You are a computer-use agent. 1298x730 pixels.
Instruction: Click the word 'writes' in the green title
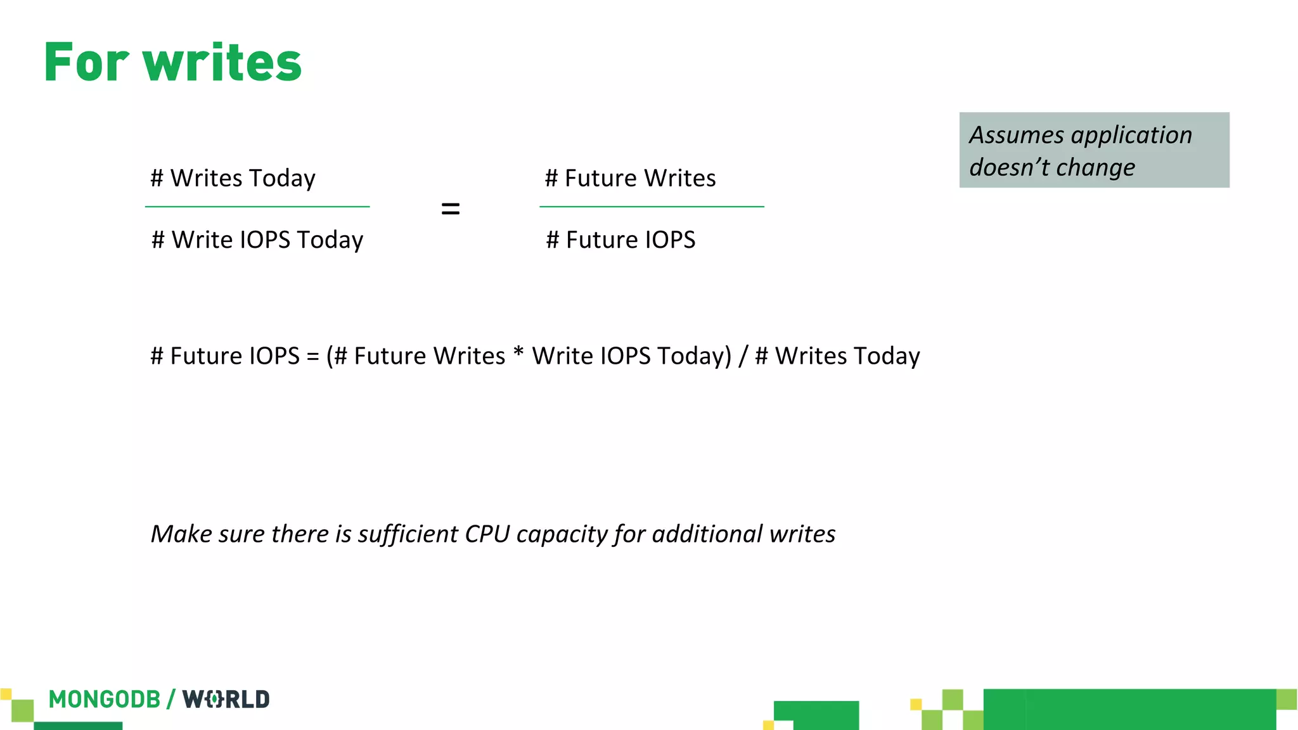222,63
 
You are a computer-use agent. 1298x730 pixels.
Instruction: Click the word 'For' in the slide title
86,63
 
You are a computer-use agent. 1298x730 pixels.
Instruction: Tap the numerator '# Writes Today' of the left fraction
233,178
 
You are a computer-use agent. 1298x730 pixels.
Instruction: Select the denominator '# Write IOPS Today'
257,240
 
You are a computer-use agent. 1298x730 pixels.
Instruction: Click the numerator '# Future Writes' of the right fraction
630,178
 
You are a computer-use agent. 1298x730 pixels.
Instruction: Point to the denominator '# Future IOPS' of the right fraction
620,240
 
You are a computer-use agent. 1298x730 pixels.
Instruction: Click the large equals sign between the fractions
450,208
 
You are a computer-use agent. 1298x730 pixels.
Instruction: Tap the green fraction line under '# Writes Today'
257,207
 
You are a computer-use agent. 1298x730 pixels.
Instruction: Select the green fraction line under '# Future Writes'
652,207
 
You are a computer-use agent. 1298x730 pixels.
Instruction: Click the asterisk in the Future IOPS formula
518,352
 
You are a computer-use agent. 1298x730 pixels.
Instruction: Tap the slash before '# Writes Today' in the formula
743,356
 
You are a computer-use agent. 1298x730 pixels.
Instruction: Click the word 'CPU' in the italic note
487,534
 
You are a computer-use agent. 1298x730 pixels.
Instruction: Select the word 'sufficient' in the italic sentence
408,534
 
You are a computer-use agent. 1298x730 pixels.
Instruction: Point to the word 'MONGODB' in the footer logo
105,700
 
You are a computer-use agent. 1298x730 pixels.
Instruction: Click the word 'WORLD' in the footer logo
226,700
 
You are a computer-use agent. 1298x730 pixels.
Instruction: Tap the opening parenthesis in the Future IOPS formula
330,356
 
